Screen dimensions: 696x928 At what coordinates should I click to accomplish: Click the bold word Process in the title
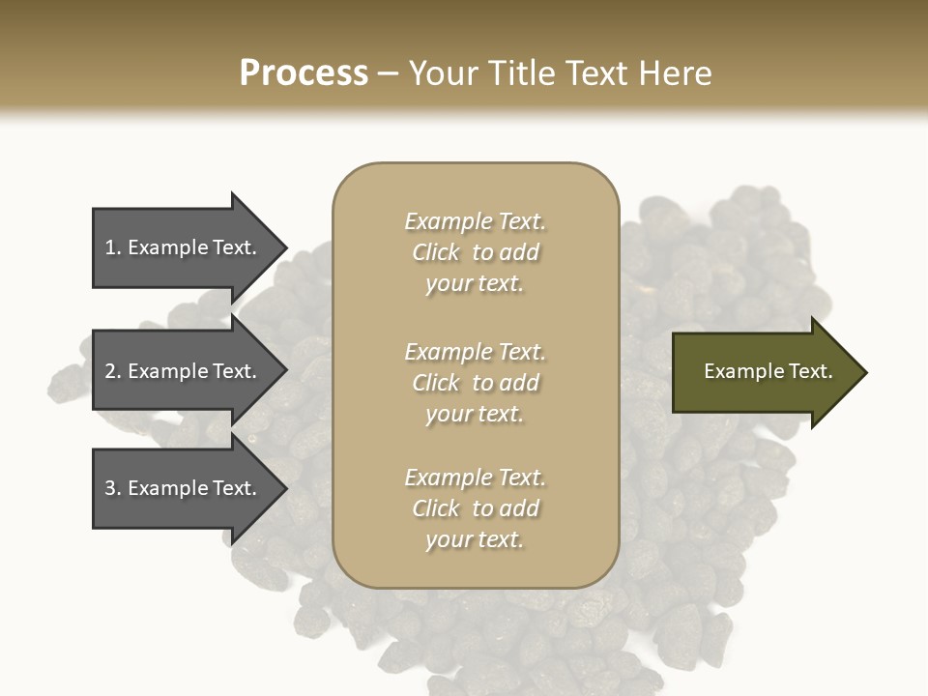(x=304, y=73)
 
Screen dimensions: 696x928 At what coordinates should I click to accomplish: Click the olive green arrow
(x=764, y=372)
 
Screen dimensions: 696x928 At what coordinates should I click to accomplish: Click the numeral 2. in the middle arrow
(x=112, y=371)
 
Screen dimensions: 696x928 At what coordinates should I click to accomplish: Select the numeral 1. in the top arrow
(x=112, y=247)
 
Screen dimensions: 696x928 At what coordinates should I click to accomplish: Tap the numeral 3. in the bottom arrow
(x=112, y=488)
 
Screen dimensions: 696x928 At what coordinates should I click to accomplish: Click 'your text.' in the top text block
(x=475, y=284)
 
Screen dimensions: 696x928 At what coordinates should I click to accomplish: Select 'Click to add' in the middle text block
(x=475, y=383)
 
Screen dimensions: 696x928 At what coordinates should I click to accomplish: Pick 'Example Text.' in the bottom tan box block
(x=475, y=478)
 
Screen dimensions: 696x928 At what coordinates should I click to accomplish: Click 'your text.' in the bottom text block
(x=475, y=540)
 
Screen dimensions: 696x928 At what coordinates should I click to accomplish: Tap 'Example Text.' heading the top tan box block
(x=475, y=221)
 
